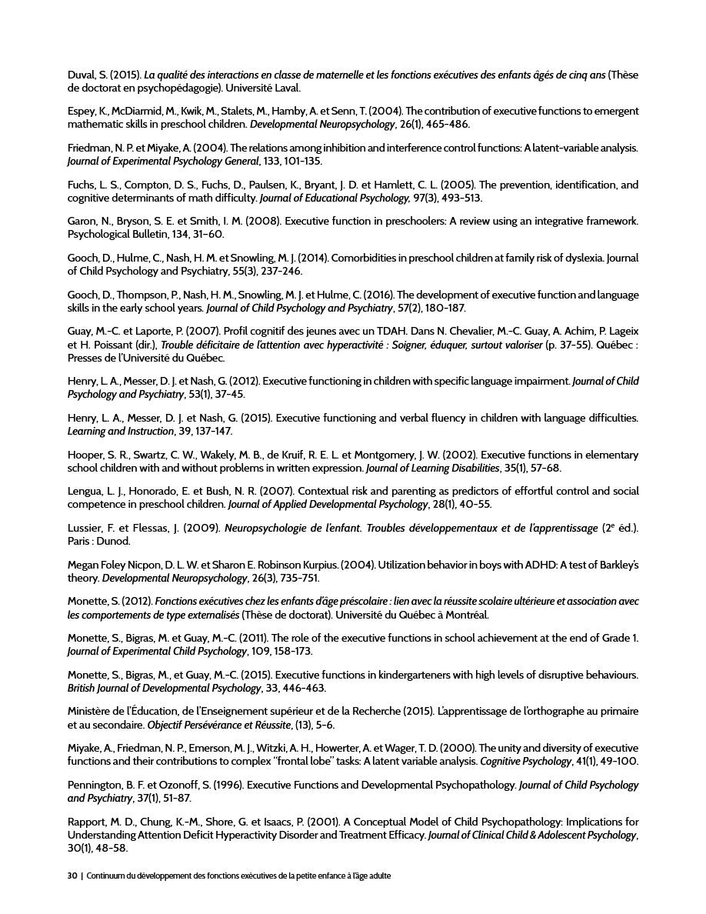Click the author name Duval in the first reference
click(81, 75)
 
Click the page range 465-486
click(449, 125)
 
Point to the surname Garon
click(82, 222)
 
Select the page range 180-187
click(446, 309)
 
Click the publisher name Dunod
click(115, 542)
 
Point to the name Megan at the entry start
click(83, 565)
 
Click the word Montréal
click(466, 615)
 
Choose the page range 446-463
click(305, 689)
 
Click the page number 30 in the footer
click(72, 876)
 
